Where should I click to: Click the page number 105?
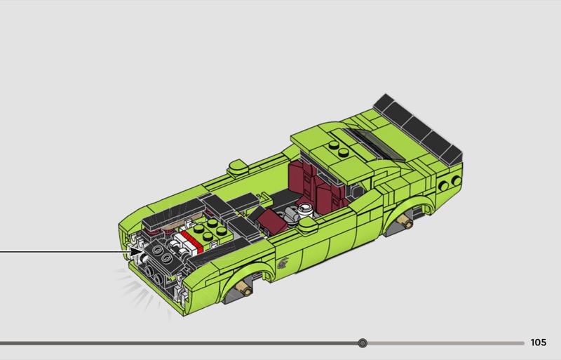[x=538, y=342]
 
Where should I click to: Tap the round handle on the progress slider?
[x=363, y=343]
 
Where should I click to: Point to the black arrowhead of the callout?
[x=137, y=252]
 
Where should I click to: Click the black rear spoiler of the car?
[x=418, y=129]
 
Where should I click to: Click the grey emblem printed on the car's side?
[x=283, y=263]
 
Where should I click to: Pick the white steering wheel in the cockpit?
[x=305, y=210]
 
